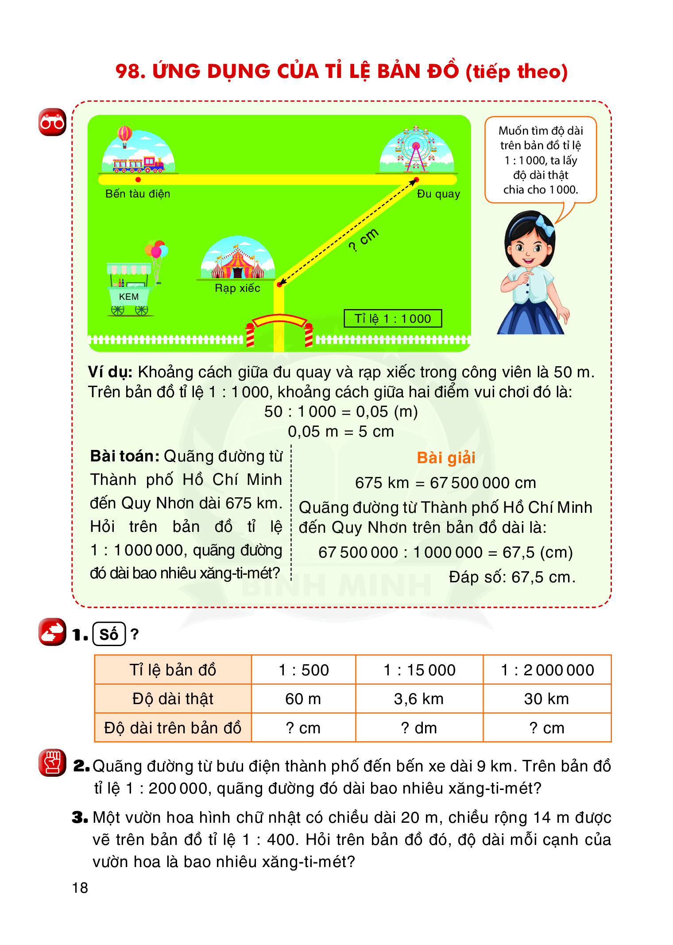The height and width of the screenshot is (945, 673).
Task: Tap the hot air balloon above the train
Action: pyautogui.click(x=125, y=135)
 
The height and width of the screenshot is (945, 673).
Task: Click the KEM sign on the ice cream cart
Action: pyautogui.click(x=129, y=297)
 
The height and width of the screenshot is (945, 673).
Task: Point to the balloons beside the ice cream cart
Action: pyautogui.click(x=156, y=250)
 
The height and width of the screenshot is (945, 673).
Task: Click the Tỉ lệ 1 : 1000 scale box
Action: pyautogui.click(x=393, y=318)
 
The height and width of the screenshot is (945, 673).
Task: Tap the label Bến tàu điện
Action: pyautogui.click(x=138, y=194)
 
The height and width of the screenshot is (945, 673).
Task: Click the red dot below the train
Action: pyautogui.click(x=138, y=179)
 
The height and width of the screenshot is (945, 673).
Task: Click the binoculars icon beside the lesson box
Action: pyautogui.click(x=52, y=122)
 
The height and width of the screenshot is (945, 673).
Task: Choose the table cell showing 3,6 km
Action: pyautogui.click(x=419, y=699)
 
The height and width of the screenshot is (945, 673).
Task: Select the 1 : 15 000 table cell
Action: pyautogui.click(x=419, y=670)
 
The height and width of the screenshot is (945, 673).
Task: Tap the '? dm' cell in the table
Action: pyautogui.click(x=419, y=728)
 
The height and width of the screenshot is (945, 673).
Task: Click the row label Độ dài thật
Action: pyautogui.click(x=173, y=699)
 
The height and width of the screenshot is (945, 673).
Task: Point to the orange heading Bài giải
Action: pyautogui.click(x=446, y=457)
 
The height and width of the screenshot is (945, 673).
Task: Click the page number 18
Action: pyautogui.click(x=80, y=887)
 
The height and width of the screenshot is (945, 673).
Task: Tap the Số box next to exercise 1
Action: pyautogui.click(x=109, y=634)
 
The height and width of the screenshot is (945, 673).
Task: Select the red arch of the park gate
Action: pyautogui.click(x=279, y=320)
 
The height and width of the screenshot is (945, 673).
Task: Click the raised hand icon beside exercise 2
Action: pyautogui.click(x=52, y=763)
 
